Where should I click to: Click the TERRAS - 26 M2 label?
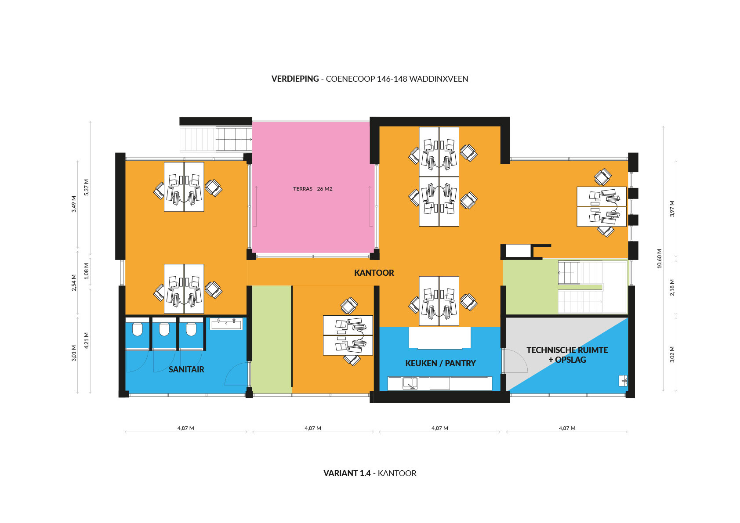coord(312,189)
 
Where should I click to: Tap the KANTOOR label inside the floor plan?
coord(374,273)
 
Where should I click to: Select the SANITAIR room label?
coord(186,369)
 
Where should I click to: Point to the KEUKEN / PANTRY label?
coord(440,363)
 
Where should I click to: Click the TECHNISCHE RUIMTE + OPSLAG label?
coord(567,355)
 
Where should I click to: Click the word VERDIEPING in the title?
coord(295,79)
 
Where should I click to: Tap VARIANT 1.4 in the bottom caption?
coord(347,473)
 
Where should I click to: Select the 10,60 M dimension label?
coord(660,259)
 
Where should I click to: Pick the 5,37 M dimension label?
coord(87,187)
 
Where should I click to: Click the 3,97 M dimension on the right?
coord(672,209)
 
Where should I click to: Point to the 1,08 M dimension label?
coord(87,271)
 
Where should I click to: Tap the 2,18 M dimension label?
coord(672,287)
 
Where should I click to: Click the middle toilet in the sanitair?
coord(164,329)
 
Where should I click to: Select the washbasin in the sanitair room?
coord(226,324)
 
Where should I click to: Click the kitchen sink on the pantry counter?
coord(410,384)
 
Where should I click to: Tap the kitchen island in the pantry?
coord(440,337)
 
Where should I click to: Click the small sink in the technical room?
coord(623,381)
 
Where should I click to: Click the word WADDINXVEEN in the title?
coord(439,79)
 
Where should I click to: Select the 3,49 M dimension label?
coord(74,204)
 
